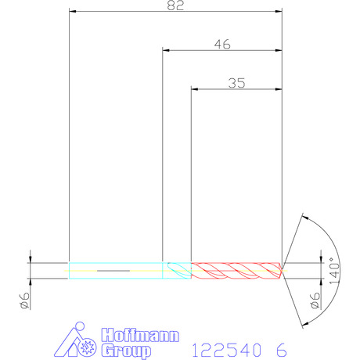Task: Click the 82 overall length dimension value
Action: [x=175, y=5]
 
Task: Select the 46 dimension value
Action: [x=222, y=45]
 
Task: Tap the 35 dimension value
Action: [x=236, y=83]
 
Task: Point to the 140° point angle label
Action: [x=335, y=271]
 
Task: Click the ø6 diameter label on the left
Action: [x=24, y=301]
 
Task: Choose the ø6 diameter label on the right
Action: [x=315, y=301]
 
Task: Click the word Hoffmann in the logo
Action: [x=140, y=335]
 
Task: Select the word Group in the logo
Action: [x=126, y=351]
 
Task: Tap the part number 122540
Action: [x=226, y=350]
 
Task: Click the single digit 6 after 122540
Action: [x=282, y=350]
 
